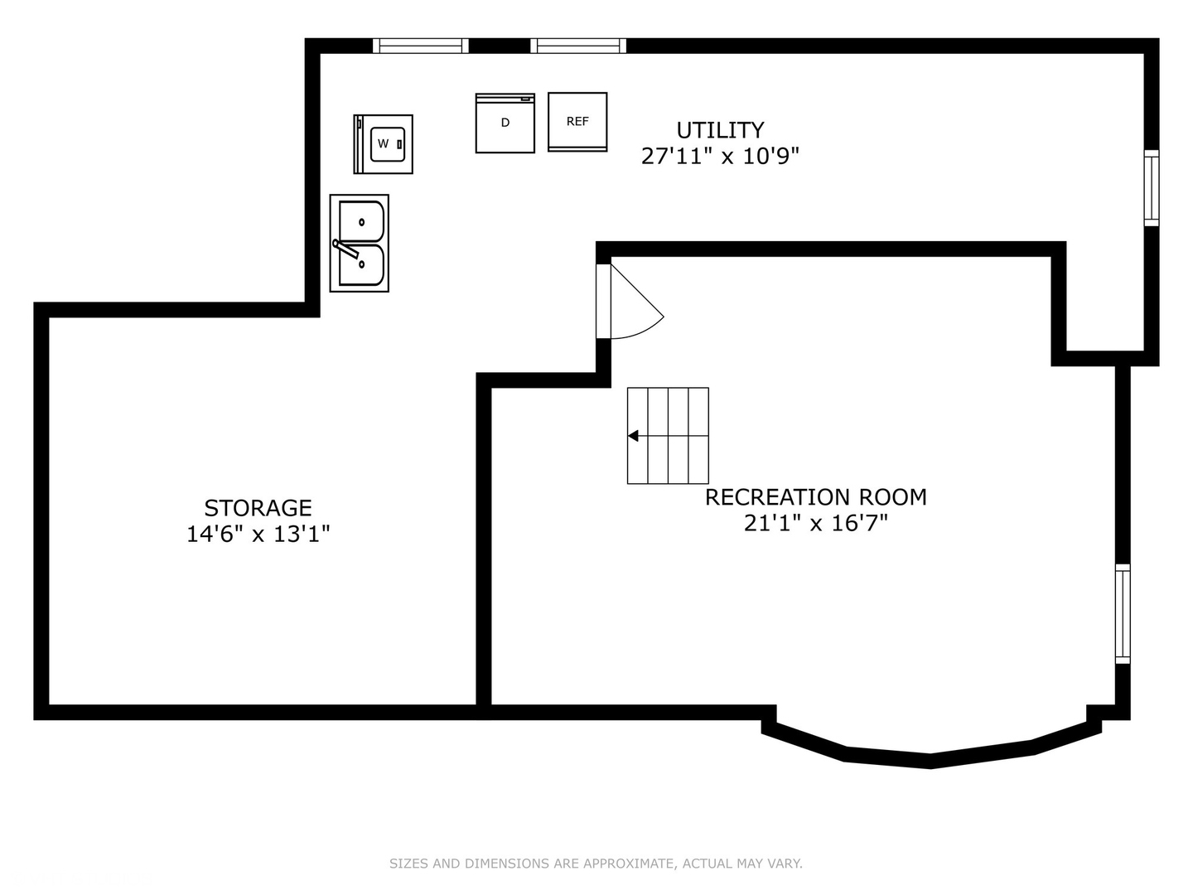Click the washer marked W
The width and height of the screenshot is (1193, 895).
[x=384, y=144]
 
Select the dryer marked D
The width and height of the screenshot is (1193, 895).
[x=505, y=123]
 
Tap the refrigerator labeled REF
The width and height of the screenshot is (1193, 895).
[x=577, y=122]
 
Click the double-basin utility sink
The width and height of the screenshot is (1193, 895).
[x=360, y=243]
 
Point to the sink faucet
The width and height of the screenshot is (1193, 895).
[x=346, y=249]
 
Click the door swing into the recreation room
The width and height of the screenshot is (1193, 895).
[x=637, y=302]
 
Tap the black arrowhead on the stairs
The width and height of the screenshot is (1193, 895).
[x=633, y=435]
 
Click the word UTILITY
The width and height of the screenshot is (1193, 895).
[x=720, y=130]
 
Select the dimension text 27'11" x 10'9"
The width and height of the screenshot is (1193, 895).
[x=720, y=157]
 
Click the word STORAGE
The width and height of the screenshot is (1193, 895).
[x=258, y=508]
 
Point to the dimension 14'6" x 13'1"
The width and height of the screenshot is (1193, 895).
[x=258, y=535]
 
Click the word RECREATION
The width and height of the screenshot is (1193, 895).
[x=777, y=497]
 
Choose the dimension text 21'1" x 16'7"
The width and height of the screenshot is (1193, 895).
[x=816, y=523]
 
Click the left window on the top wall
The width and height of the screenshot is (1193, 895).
[x=421, y=46]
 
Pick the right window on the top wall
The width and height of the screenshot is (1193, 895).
[x=578, y=46]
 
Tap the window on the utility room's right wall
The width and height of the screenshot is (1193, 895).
[x=1151, y=188]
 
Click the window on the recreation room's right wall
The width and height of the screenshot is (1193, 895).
[x=1123, y=613]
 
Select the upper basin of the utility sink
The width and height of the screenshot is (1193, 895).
[x=361, y=221]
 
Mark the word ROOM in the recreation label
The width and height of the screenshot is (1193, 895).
[x=893, y=497]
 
